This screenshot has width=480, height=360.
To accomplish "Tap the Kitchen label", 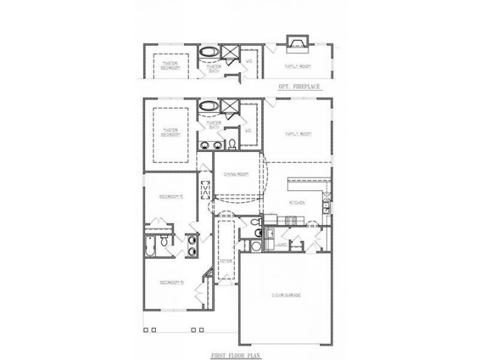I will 297,201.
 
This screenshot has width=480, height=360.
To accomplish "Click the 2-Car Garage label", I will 286,295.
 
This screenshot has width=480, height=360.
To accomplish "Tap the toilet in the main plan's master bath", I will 231,144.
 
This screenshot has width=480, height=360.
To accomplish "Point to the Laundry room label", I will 281,245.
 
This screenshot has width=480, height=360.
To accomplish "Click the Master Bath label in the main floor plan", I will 214,125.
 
